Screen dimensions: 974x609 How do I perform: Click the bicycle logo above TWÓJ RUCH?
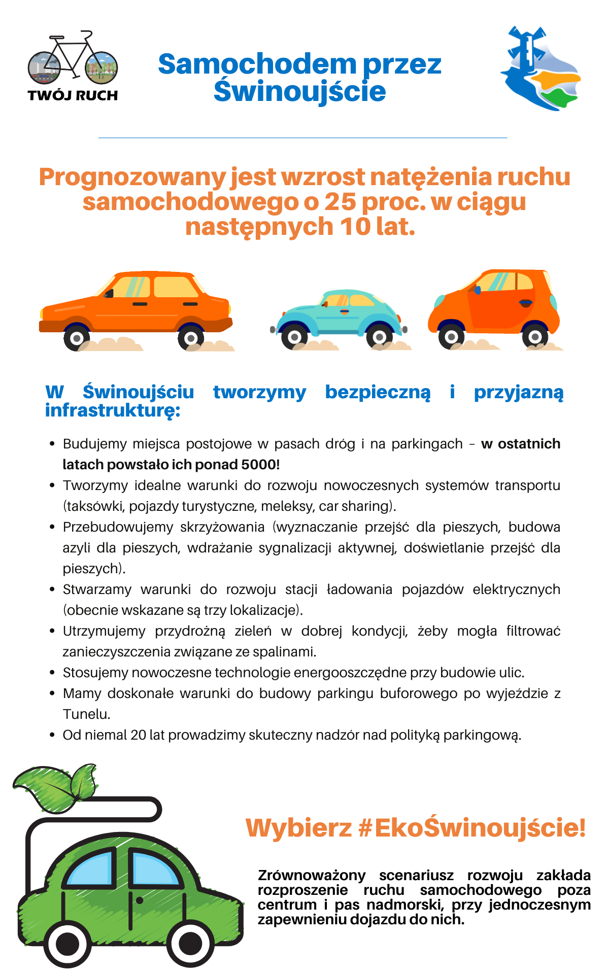point(73,58)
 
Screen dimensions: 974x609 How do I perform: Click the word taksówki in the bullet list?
point(94,506)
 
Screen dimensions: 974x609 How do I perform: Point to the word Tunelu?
point(86,714)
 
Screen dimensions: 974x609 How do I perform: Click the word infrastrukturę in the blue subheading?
point(112,410)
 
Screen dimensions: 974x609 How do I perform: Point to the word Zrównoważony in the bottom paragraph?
point(312,876)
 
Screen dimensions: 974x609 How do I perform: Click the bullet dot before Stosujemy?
point(52,673)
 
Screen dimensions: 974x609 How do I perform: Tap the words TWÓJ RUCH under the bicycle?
point(73,95)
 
